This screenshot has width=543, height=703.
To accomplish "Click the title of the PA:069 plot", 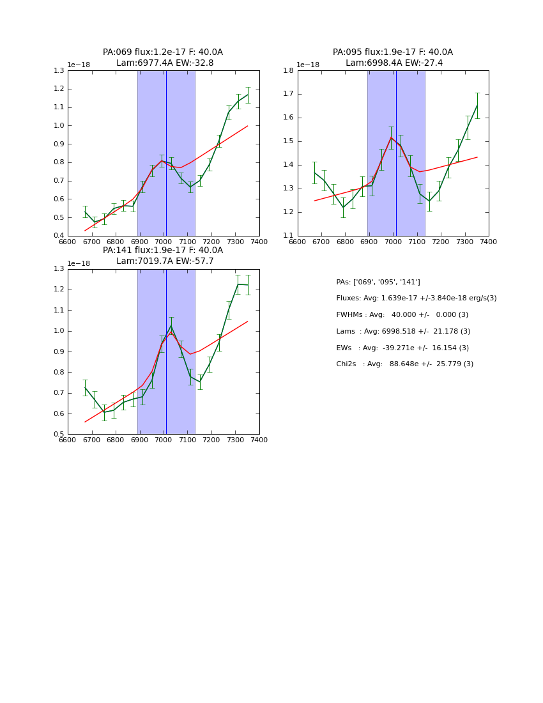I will tap(163, 58).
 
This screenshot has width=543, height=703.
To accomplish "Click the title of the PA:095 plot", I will tap(393, 58).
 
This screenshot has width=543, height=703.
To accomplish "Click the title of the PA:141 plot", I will tap(163, 256).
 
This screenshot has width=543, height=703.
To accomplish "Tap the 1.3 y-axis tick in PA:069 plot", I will tap(59, 70).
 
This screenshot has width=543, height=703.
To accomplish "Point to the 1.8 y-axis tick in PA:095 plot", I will tap(289, 70).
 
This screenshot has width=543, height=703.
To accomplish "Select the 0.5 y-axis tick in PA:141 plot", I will tap(59, 435).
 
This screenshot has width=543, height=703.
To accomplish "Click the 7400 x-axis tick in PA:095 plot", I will tap(488, 242).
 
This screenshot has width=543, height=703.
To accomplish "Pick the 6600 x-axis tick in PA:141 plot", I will tap(68, 440).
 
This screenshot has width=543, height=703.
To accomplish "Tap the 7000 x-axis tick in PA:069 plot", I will tap(164, 242).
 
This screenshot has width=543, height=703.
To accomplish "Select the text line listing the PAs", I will tap(378, 282).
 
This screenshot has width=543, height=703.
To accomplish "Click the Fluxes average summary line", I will tap(416, 298).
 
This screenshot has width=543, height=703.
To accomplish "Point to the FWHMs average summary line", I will tap(402, 314).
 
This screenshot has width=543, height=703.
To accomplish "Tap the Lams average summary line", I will tap(403, 331).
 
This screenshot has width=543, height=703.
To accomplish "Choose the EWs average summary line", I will tap(402, 348).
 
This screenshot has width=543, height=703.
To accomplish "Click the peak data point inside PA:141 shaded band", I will tap(171, 327).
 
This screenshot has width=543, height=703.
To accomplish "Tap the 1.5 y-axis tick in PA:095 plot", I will tap(289, 141).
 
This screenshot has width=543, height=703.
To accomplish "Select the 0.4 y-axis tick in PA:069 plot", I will tap(59, 236).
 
